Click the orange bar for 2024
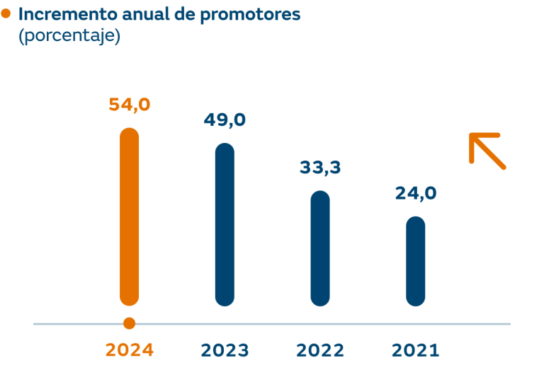pyautogui.click(x=130, y=216)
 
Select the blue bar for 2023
pyautogui.click(x=225, y=224)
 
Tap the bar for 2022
pyautogui.click(x=320, y=248)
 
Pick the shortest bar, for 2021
pyautogui.click(x=416, y=261)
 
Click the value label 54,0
pyautogui.click(x=130, y=105)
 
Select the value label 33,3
pyautogui.click(x=320, y=168)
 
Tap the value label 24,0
pyautogui.click(x=416, y=193)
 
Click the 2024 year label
pyautogui.click(x=130, y=350)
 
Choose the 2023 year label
pyautogui.click(x=225, y=350)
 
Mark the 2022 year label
pyautogui.click(x=320, y=350)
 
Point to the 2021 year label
pyautogui.click(x=416, y=350)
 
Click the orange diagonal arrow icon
pyautogui.click(x=487, y=151)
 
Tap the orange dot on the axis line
pyautogui.click(x=129, y=324)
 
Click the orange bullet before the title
pyautogui.click(x=6, y=13)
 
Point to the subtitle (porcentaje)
pyautogui.click(x=69, y=36)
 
